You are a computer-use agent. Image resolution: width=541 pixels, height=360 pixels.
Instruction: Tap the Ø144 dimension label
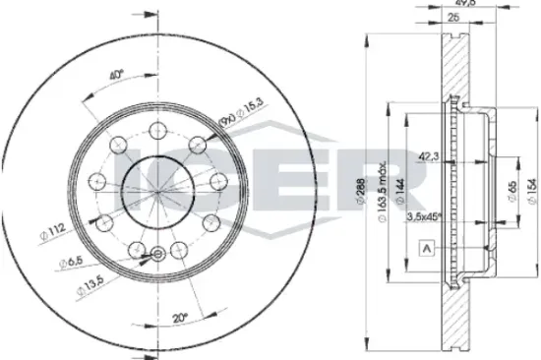[x=403, y=191]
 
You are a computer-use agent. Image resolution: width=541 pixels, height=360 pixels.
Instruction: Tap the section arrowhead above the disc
[x=150, y=17]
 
